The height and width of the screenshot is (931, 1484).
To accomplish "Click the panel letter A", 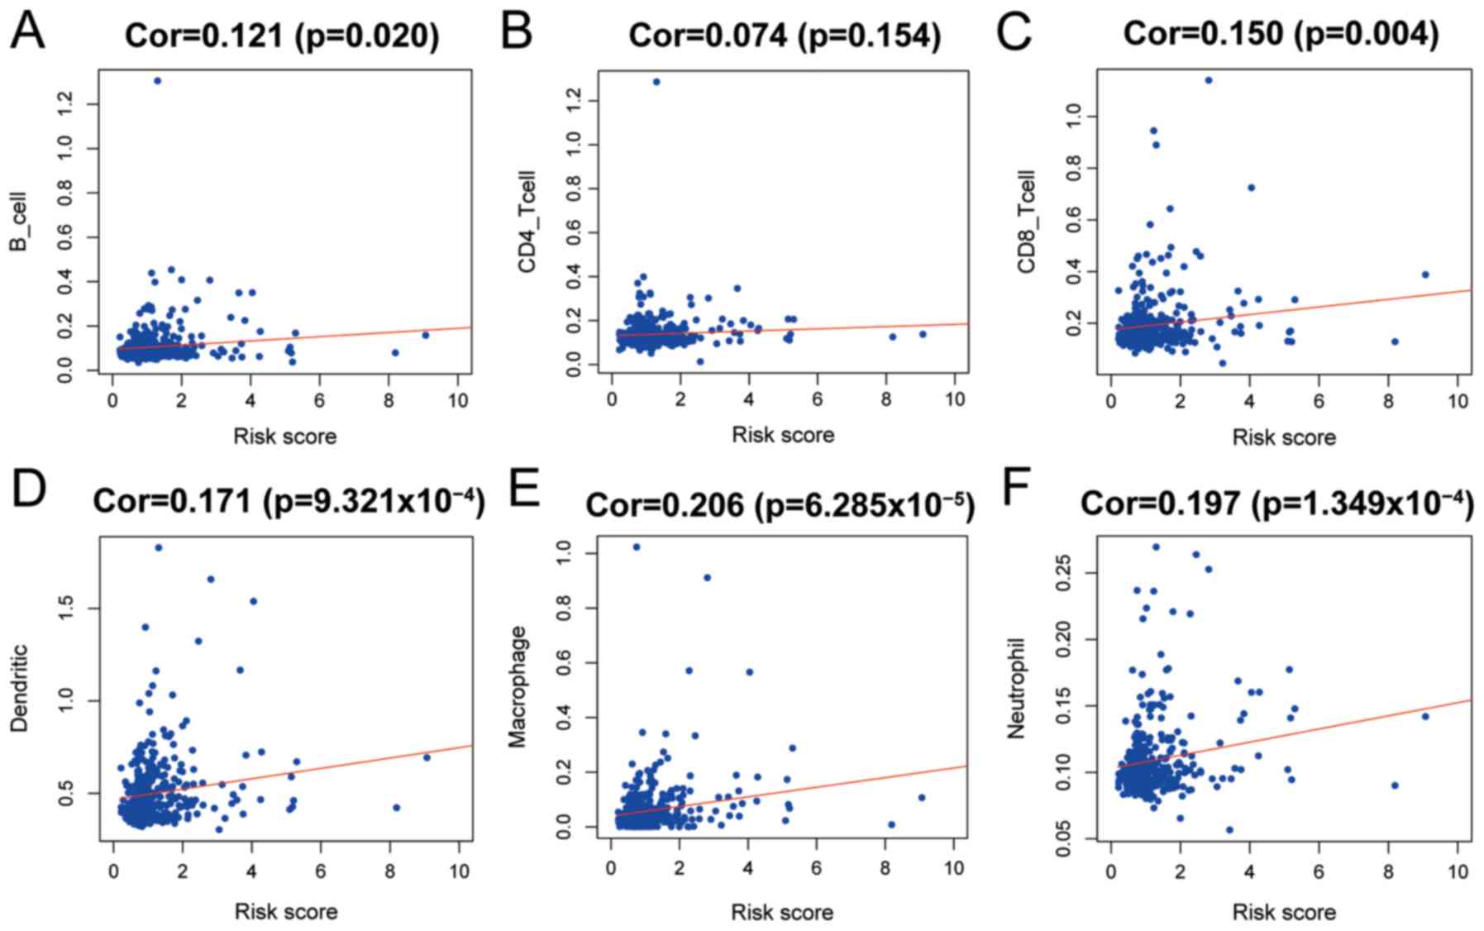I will pyautogui.click(x=27, y=33).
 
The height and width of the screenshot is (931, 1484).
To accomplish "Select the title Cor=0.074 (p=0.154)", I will pyautogui.click(x=784, y=36).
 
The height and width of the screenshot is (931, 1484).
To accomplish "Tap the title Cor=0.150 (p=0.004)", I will pyautogui.click(x=1281, y=34).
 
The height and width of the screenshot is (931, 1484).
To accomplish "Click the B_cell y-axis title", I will pyautogui.click(x=18, y=222).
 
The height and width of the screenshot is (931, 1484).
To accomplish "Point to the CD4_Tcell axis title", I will pyautogui.click(x=527, y=222).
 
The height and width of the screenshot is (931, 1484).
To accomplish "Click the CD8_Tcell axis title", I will pyautogui.click(x=1027, y=222).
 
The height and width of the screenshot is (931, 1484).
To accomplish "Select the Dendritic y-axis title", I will pyautogui.click(x=18, y=688).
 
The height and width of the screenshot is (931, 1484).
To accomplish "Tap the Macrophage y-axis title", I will pyautogui.click(x=518, y=686).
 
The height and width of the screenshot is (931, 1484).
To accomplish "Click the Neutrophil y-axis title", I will pyautogui.click(x=1016, y=688).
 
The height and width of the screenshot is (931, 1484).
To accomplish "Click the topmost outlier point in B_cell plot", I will pyautogui.click(x=157, y=81).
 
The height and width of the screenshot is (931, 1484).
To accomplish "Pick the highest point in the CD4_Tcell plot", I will pyautogui.click(x=656, y=82).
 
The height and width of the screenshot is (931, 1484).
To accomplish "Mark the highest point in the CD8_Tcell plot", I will pyautogui.click(x=1209, y=80).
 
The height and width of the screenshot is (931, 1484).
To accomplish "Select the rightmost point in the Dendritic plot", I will pyautogui.click(x=427, y=757).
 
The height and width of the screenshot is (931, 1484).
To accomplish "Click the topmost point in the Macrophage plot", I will pyautogui.click(x=637, y=547).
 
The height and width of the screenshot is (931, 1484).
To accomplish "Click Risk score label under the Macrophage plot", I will pyautogui.click(x=782, y=912).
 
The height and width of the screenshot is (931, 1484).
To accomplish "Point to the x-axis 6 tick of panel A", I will pyautogui.click(x=319, y=401).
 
